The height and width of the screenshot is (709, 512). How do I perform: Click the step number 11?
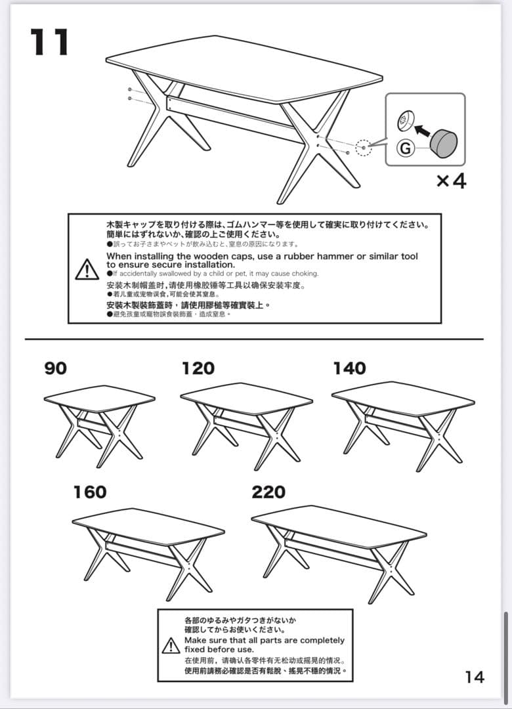[x=50, y=43]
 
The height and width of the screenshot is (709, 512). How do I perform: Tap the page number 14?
[x=475, y=677]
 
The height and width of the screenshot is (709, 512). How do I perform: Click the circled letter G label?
[x=406, y=148]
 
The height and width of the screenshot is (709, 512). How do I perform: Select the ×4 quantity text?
[x=452, y=181]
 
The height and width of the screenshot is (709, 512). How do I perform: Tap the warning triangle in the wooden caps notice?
[x=87, y=269]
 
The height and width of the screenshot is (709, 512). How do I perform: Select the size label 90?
[x=56, y=369]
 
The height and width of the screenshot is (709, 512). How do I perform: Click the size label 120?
[x=198, y=369]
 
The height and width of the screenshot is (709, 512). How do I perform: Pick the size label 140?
[x=349, y=369]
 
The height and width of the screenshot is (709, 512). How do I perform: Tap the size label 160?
[x=90, y=492]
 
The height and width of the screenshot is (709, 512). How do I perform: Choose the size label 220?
[x=268, y=492]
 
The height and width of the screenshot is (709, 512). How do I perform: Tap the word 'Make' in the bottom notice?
[x=196, y=640]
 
